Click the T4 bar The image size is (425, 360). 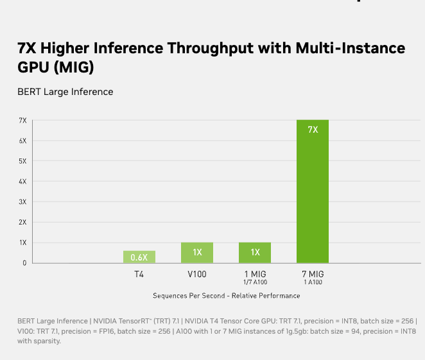tap(139, 257)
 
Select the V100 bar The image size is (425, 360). tap(197, 252)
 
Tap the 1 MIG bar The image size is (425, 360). tap(255, 252)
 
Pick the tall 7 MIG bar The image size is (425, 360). tap(313, 193)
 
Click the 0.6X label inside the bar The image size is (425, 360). tap(139, 257)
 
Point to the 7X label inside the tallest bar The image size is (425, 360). tap(313, 130)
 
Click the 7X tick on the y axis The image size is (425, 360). tap(22, 120)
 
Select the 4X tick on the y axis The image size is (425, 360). tap(22, 182)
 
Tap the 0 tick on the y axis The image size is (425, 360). tap(24, 263)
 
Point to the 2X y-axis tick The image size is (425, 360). tap(22, 222)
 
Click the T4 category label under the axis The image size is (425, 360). tap(139, 274)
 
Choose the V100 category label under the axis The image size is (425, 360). tap(197, 274)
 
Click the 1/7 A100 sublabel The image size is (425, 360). tap(255, 282)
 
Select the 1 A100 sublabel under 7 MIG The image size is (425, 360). tap(313, 282)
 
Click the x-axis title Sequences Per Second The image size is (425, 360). tap(226, 296)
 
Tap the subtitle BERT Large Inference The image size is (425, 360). tap(65, 92)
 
